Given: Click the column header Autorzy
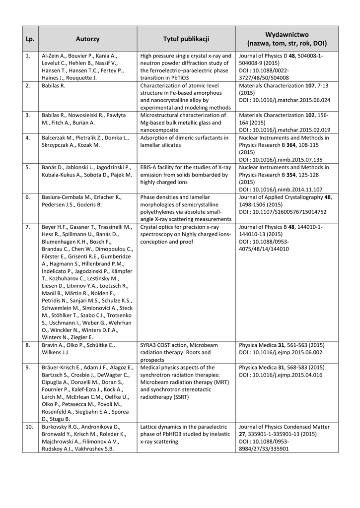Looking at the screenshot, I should (x=88, y=39).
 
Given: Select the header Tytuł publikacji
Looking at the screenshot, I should (x=186, y=39).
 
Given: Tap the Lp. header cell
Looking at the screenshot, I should (x=30, y=39).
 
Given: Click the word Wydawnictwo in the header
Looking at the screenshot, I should (x=287, y=34).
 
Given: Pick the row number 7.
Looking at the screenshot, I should (x=28, y=227).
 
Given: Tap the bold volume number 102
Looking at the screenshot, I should (x=315, y=115).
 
